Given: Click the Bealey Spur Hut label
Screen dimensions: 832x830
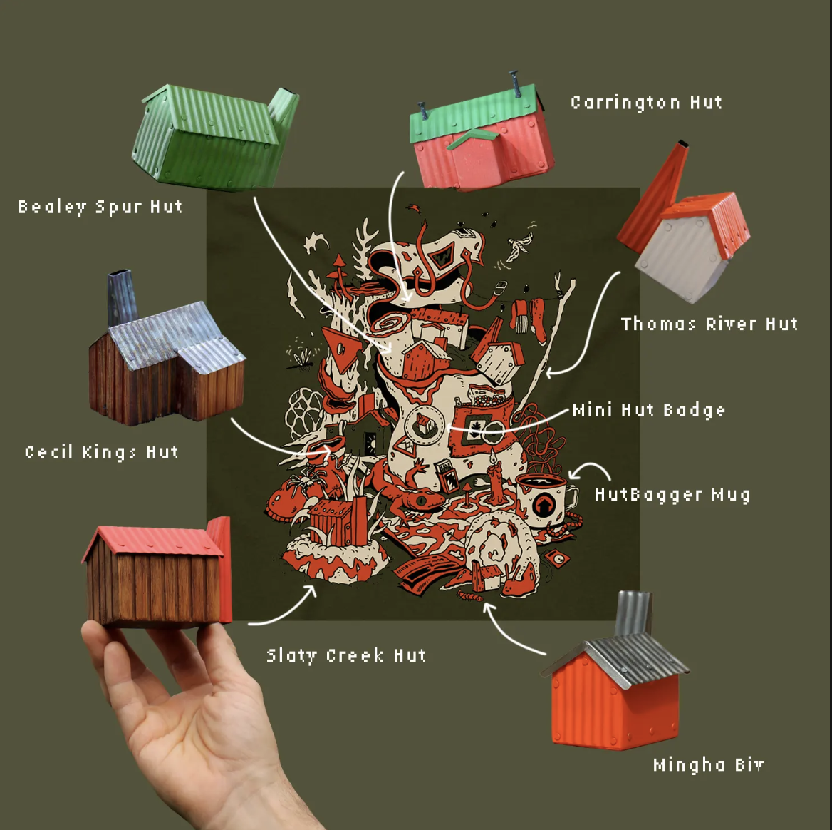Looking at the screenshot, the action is (100, 207).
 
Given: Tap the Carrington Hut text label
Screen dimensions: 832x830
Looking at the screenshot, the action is (646, 103).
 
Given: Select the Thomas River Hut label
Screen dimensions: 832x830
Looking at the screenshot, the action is (709, 324).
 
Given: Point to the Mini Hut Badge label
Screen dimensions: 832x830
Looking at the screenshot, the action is (649, 410).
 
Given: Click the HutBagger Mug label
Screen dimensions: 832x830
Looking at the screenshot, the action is (673, 494).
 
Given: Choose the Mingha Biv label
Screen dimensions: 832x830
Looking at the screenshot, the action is (708, 764).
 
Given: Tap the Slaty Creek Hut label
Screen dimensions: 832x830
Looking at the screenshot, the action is (346, 655).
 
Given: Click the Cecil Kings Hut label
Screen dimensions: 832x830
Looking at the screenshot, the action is (101, 453).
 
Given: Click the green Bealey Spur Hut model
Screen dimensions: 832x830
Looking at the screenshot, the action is (215, 137).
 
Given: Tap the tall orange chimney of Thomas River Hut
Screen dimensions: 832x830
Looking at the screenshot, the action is (652, 199).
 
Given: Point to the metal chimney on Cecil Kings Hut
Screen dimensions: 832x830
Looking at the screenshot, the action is (122, 297).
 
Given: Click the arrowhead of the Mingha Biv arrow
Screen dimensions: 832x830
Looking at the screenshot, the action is (488, 608).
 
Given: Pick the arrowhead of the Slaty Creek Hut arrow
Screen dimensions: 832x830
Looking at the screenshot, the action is (311, 590).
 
